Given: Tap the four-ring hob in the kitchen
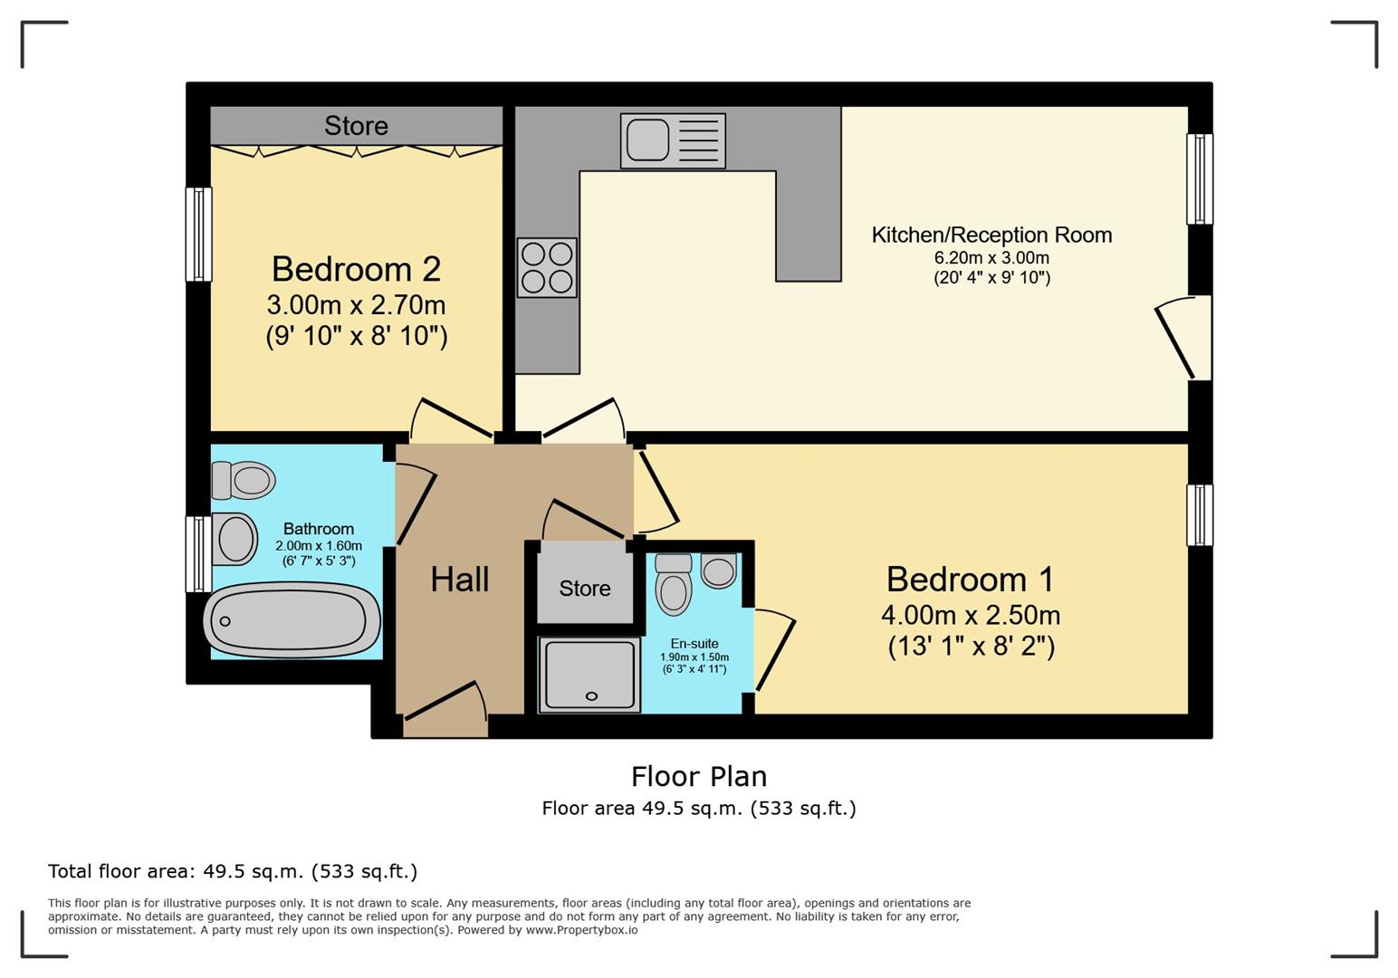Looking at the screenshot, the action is coord(547,268).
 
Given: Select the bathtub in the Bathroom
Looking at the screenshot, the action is coord(292,620).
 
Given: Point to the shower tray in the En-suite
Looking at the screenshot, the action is coord(589,674).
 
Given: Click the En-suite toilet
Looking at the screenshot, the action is coord(674,585).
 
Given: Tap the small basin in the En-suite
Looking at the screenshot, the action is coord(718,570).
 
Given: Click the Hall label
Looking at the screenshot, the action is coord(460,580).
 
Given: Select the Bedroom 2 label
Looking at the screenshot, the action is coord(357,269).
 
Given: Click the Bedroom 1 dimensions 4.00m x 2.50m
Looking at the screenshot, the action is coord(971,616).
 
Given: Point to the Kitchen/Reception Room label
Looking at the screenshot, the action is coord(991,235).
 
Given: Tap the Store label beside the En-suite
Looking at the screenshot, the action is coord(585,588).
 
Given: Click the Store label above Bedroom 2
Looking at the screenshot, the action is coord(357,126).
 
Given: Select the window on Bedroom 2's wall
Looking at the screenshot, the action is coord(198,234).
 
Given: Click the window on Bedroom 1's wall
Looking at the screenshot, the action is coord(1200,515).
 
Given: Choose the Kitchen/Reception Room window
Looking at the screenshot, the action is coord(1200,178).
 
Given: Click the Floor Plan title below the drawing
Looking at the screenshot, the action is coord(699,777).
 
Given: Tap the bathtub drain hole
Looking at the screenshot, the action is coord(225,621).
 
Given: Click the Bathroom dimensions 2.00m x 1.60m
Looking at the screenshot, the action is coord(319,545).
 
